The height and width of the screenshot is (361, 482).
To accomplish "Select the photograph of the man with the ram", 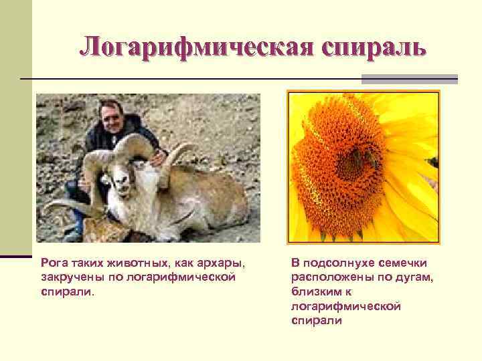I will pos(147,167).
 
